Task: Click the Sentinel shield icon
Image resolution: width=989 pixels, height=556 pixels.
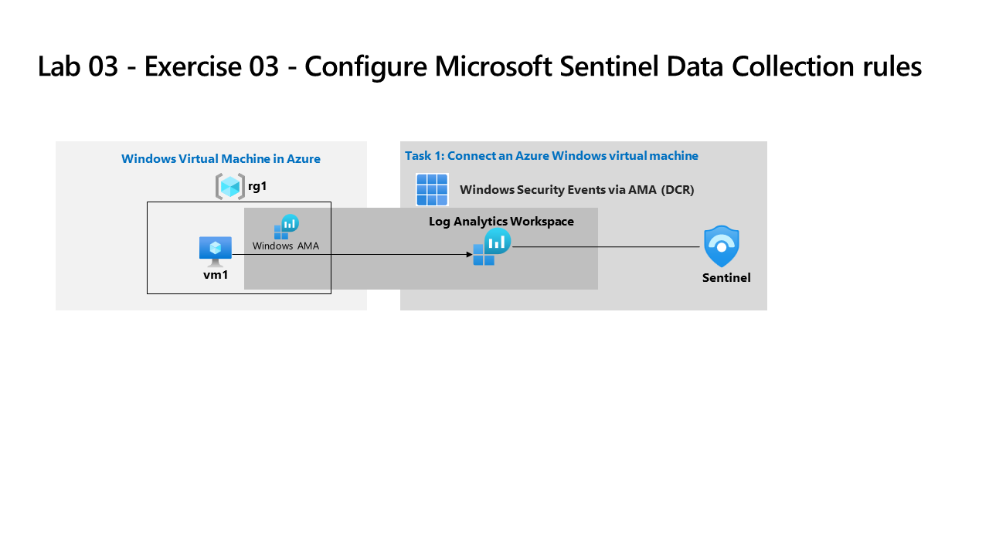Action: [722, 246]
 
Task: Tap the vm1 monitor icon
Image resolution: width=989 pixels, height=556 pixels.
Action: [216, 250]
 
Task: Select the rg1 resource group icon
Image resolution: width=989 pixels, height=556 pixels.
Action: [229, 186]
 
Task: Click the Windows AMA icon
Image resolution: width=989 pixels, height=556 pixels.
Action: [286, 227]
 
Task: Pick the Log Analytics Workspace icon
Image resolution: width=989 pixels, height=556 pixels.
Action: [492, 246]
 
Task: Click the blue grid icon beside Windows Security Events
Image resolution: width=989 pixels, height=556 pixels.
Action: [432, 189]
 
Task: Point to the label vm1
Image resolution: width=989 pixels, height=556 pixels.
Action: [216, 274]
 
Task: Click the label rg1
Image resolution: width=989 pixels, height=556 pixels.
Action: [257, 186]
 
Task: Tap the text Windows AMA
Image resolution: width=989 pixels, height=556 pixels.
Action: [286, 246]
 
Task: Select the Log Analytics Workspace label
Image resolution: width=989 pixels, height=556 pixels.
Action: [501, 222]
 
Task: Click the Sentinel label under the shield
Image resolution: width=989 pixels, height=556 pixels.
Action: [726, 278]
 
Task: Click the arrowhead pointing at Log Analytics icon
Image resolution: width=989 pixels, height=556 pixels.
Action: [469, 254]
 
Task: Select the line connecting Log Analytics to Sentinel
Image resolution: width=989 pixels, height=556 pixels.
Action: [607, 247]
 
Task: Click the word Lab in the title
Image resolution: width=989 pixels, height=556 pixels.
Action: [59, 66]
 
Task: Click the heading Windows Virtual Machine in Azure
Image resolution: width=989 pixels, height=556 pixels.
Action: [221, 159]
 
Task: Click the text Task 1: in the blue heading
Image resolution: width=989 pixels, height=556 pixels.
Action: [424, 156]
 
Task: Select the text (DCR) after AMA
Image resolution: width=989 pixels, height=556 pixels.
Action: [678, 190]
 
